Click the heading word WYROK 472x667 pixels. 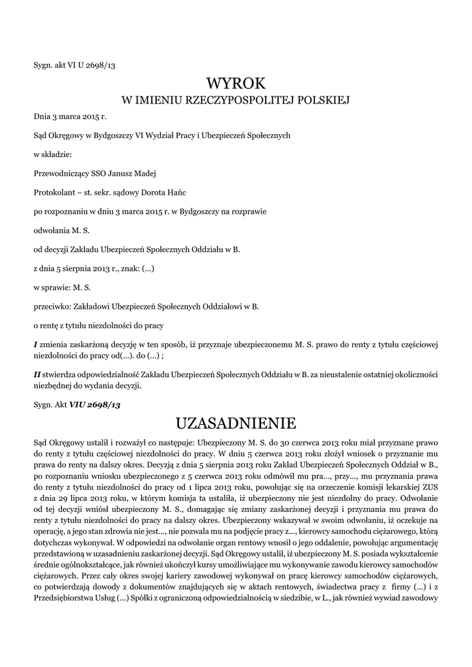pyautogui.click(x=236, y=83)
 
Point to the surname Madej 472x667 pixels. pyautogui.click(x=143, y=173)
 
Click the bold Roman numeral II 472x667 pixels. pyautogui.click(x=37, y=375)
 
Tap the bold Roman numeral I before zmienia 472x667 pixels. pyautogui.click(x=35, y=345)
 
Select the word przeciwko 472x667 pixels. pyautogui.click(x=52, y=305)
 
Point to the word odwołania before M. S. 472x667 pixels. pyautogui.click(x=52, y=230)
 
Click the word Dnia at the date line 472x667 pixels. pyautogui.click(x=42, y=117)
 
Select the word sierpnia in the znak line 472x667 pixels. pyautogui.click(x=79, y=268)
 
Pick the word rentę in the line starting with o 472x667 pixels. pyautogui.click(x=51, y=324)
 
